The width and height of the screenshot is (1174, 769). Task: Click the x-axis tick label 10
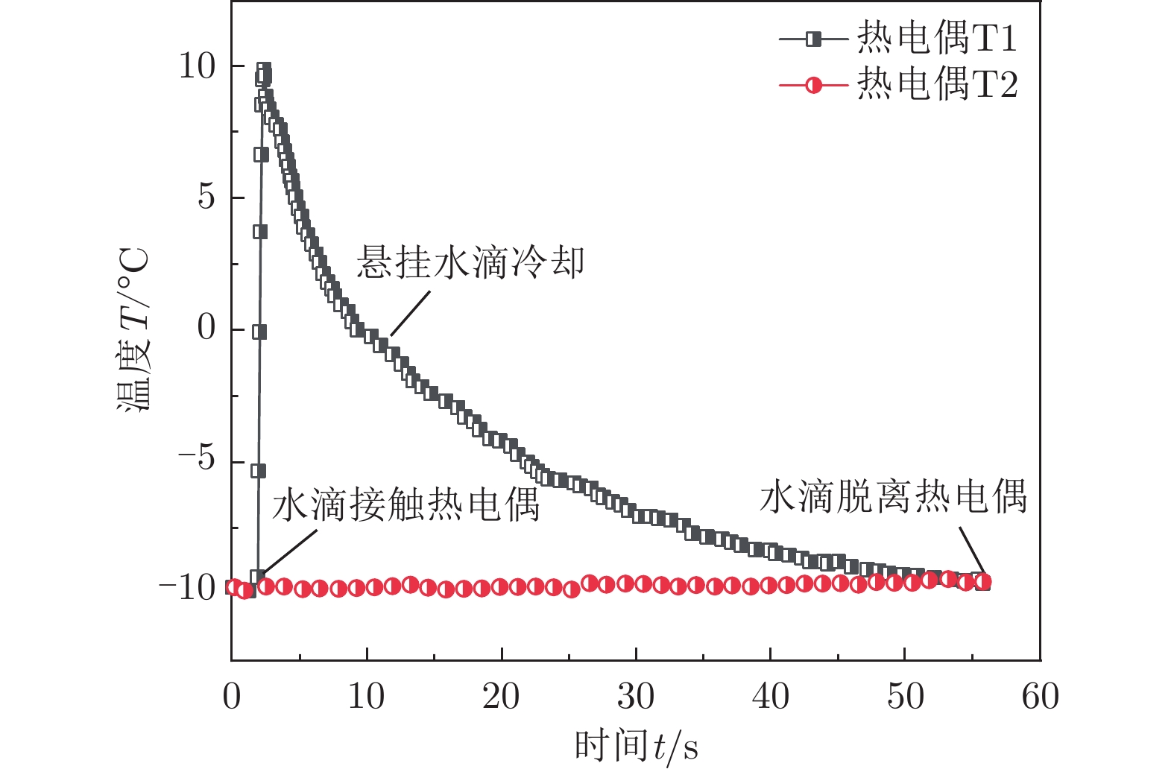[366, 697]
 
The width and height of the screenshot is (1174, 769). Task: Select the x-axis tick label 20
[501, 697]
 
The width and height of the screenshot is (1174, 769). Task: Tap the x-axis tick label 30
[636, 697]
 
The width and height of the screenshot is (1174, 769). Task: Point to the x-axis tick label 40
[770, 697]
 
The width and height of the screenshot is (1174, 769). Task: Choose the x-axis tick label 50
[905, 697]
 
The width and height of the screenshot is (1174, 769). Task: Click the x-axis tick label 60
[1040, 697]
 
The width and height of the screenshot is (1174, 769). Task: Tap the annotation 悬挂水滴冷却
[470, 263]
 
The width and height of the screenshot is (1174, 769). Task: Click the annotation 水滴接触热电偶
[405, 505]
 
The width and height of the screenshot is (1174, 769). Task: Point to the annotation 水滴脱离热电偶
[893, 496]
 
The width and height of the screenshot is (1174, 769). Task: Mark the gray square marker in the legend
[814, 39]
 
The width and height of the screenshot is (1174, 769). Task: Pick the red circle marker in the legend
[814, 85]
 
